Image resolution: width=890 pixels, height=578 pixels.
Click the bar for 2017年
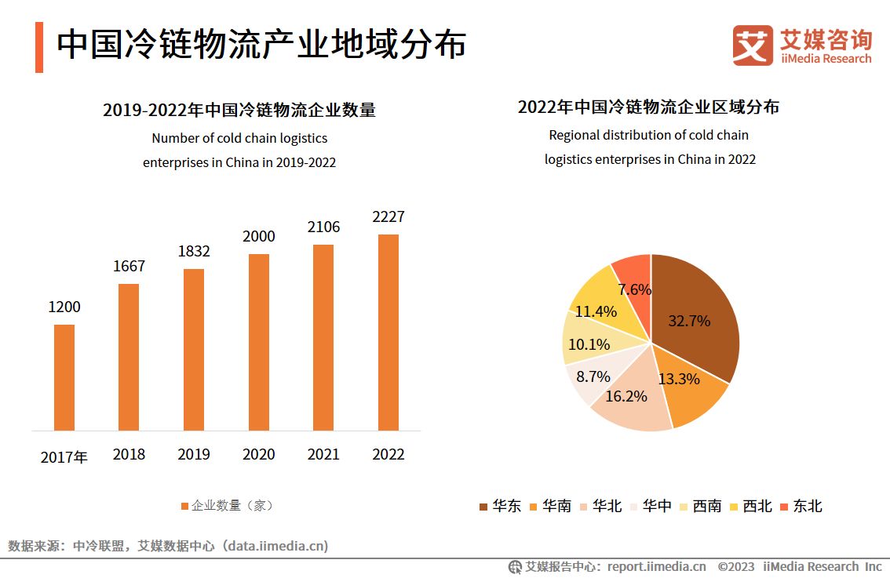[x=64, y=377]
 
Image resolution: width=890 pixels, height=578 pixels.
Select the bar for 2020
[x=258, y=342]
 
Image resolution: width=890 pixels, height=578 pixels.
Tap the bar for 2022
[x=388, y=333]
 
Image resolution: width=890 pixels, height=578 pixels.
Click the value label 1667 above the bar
[x=129, y=266]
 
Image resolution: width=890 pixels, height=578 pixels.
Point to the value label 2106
[x=323, y=227]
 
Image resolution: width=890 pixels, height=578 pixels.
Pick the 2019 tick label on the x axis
[x=194, y=454]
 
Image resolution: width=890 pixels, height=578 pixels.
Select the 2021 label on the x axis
[x=323, y=454]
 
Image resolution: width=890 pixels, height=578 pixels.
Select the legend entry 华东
[x=500, y=506]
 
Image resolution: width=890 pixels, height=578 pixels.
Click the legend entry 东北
[x=801, y=506]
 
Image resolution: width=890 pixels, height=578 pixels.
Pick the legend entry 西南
[x=700, y=506]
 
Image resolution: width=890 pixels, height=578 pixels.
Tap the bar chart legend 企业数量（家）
[x=227, y=506]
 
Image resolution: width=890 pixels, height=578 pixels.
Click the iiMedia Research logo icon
[x=753, y=45]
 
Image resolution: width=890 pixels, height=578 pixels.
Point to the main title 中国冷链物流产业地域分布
[x=261, y=45]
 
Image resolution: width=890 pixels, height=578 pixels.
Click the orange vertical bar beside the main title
[x=39, y=47]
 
